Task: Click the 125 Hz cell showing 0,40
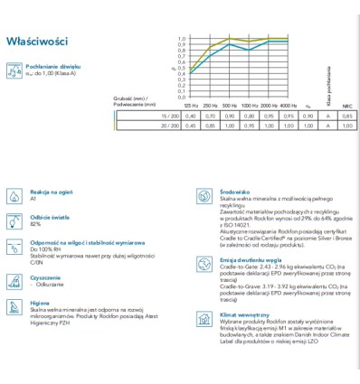190,117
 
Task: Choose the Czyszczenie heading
46,276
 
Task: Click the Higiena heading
41,304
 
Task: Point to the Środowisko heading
236,192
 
